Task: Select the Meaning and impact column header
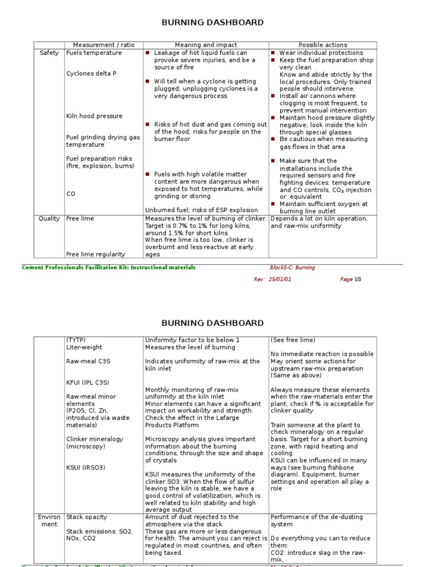206,45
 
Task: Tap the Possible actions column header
323,45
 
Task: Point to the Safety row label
49,53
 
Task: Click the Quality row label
49,219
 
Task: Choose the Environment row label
49,520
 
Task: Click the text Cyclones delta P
92,73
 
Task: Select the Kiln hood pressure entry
94,116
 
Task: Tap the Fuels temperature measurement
94,53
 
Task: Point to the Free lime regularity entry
95,254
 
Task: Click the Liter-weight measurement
86,347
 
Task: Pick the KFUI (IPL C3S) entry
88,382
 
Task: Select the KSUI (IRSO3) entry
86,467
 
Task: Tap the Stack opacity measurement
87,517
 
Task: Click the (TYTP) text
76,340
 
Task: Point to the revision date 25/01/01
280,280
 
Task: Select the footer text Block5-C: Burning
292,267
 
